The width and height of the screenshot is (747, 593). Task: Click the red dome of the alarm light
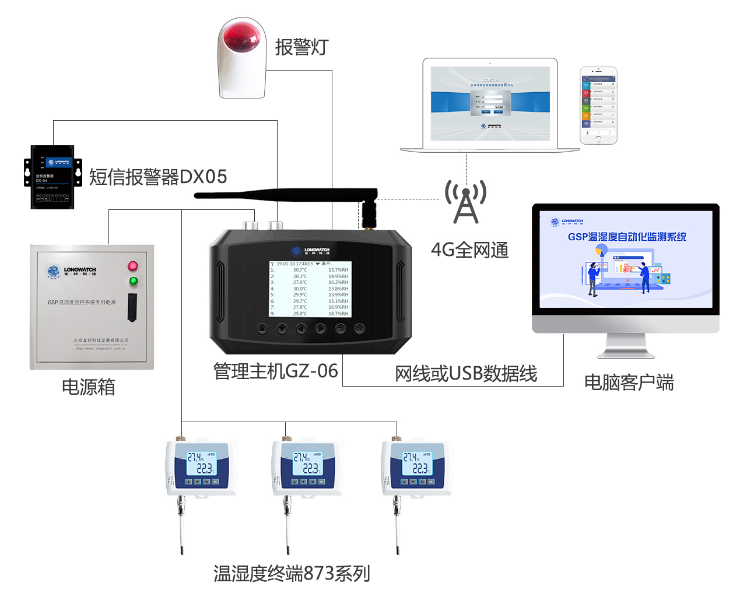tap(242, 36)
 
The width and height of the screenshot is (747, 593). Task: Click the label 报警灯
tap(301, 47)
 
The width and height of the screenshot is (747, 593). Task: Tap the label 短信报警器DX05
tap(157, 177)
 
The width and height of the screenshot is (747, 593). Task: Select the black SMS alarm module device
tap(52, 177)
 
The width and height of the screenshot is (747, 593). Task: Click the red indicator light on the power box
tap(133, 266)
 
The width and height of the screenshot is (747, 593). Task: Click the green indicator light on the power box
tap(134, 282)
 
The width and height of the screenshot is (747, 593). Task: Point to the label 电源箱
tap(89, 387)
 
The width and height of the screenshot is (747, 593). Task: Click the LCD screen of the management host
tap(310, 289)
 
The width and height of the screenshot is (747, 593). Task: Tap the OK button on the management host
tap(359, 329)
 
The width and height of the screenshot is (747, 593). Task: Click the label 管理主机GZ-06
tap(275, 371)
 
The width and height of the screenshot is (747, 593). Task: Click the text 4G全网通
tap(470, 250)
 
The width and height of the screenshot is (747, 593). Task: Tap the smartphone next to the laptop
tap(598, 105)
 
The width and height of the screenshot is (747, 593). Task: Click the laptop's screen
tap(490, 104)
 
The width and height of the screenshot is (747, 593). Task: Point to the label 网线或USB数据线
tap(466, 374)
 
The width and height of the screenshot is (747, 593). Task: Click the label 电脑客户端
tap(629, 383)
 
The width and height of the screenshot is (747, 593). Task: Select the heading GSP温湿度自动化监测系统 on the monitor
tap(627, 237)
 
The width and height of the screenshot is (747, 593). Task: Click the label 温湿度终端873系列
tap(292, 574)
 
